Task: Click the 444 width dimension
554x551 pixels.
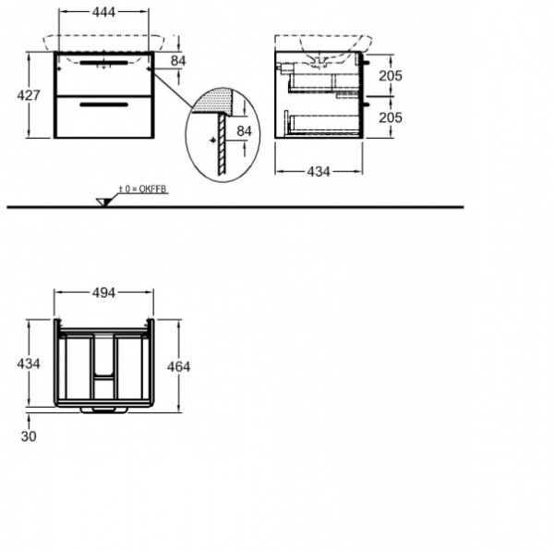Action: (x=103, y=12)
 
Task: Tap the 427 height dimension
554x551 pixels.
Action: (x=29, y=95)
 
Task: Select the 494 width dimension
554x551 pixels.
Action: (x=103, y=293)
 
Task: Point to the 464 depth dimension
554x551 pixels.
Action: (x=179, y=367)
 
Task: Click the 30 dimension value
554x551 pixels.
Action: (x=29, y=436)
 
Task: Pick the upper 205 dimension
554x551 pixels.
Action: (x=391, y=76)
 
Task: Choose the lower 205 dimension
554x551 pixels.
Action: (x=391, y=117)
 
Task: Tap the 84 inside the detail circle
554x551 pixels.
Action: (x=244, y=131)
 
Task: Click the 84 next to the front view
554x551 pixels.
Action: (x=178, y=61)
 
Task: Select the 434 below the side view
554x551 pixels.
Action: (x=319, y=172)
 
